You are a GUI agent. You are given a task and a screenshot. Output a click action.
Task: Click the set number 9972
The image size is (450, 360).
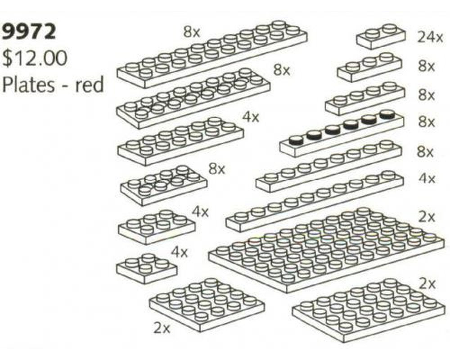tap(29, 31)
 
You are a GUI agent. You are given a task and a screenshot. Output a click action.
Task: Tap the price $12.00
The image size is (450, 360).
tap(35, 58)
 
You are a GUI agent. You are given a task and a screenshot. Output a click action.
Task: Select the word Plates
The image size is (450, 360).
tap(28, 85)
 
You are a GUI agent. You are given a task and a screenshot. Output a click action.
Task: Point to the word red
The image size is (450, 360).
tap(90, 85)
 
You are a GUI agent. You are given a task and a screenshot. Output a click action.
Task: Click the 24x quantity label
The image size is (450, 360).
tap(430, 37)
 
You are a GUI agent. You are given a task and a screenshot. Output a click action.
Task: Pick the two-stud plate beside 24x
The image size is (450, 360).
tap(381, 36)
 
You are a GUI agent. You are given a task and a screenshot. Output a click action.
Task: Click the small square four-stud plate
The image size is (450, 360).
tap(146, 268)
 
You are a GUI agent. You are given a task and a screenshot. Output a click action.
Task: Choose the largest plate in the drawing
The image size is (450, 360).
tap(326, 249)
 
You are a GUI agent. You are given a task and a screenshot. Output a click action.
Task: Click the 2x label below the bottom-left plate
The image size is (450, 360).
tap(162, 328)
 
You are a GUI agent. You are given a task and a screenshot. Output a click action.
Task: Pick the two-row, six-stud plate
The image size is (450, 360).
tap(157, 227)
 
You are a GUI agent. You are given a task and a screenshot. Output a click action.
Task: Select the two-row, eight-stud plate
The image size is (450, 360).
tap(164, 185)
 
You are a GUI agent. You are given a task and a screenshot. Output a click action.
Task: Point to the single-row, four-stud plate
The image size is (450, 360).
tap(365, 99)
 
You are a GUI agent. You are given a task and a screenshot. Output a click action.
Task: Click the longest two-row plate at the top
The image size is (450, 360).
tap(212, 54)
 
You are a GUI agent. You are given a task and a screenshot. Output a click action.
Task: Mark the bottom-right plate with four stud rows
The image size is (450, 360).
tap(369, 310)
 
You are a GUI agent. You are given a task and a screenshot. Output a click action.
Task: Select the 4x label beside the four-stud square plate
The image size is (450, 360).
tap(180, 252)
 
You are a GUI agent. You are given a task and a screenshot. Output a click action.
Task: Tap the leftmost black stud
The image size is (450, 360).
tap(296, 140)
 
